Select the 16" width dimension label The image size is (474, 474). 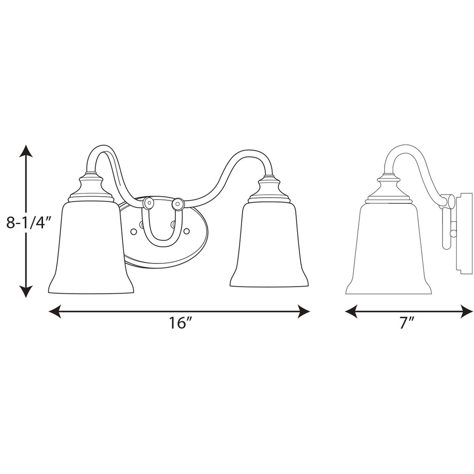pyautogui.click(x=180, y=323)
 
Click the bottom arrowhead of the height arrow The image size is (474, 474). pyautogui.click(x=26, y=291)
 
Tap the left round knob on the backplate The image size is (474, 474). pyautogui.click(x=149, y=203)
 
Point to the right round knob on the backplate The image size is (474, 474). pyautogui.click(x=178, y=203)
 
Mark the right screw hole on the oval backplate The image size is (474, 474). pyautogui.click(x=187, y=230)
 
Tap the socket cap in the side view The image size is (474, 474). pyautogui.click(x=388, y=189)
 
